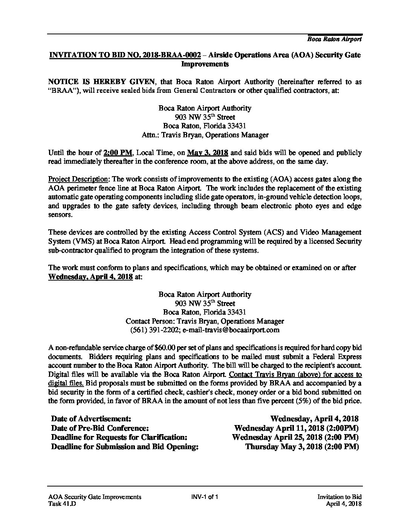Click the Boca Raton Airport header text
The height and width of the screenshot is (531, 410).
pyautogui.click(x=334, y=39)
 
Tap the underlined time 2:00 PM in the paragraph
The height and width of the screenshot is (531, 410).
pyautogui.click(x=118, y=153)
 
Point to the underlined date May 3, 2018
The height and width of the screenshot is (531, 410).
pyautogui.click(x=207, y=153)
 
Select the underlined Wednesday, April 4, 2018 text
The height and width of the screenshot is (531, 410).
pyautogui.click(x=90, y=277)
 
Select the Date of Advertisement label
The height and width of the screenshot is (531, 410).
pyautogui.click(x=91, y=419)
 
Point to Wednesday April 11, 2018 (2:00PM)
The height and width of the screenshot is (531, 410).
pyautogui.click(x=296, y=428)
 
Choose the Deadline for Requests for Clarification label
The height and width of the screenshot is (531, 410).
pyautogui.click(x=119, y=437)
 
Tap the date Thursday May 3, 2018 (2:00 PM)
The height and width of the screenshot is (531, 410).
pyautogui.click(x=301, y=447)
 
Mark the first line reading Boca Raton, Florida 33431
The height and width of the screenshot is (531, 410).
pyautogui.click(x=205, y=126)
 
